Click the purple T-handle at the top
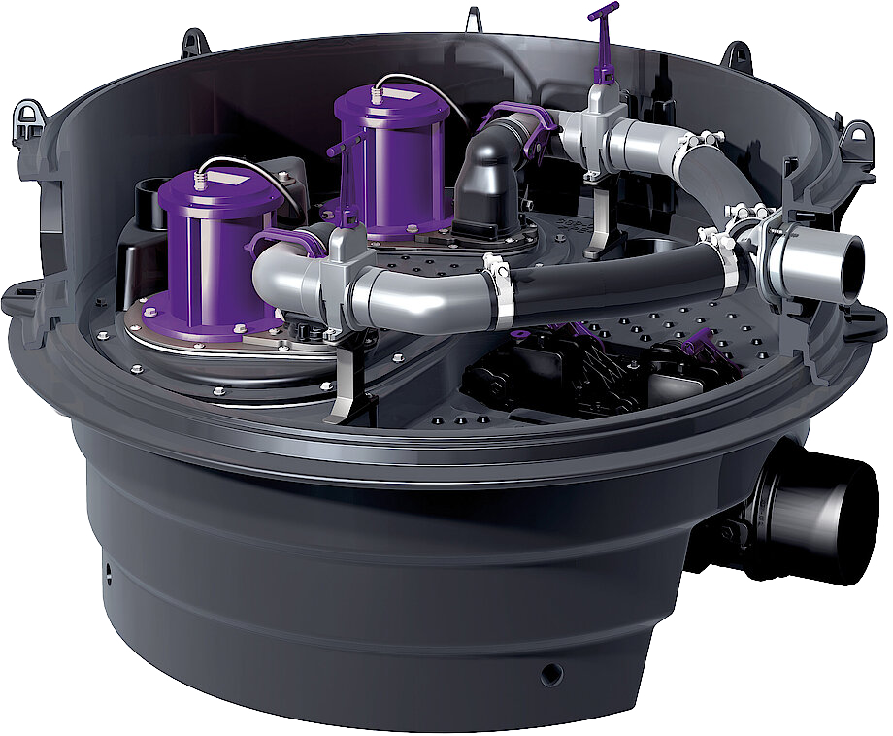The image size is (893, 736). coord(603,13)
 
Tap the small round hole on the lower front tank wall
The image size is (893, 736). coord(550,672)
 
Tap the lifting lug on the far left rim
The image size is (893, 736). coord(29,123)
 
